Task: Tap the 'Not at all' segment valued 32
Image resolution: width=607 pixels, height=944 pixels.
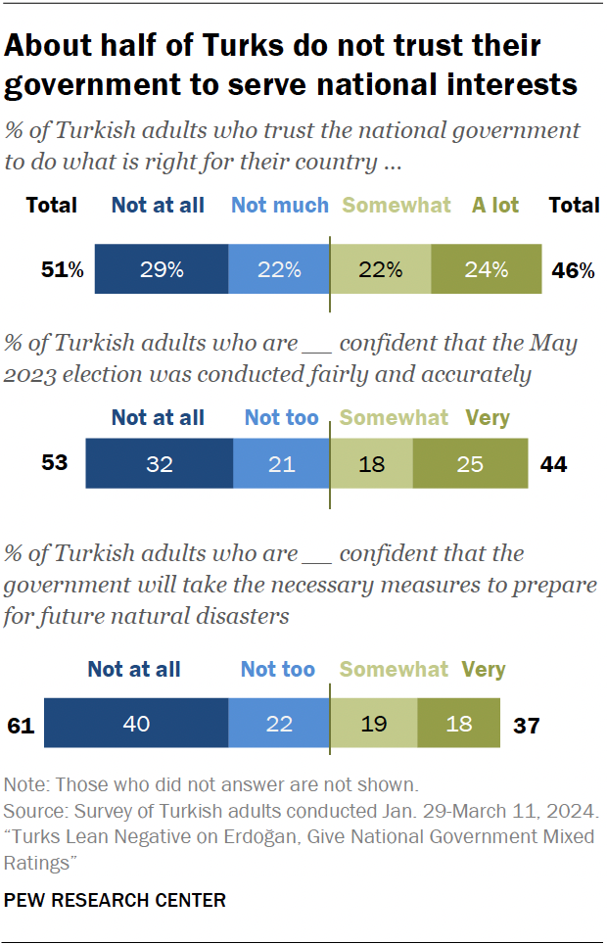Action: tap(160, 463)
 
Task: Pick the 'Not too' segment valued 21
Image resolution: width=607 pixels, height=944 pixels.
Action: tap(281, 463)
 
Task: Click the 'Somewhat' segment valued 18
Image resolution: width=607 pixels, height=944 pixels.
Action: tap(371, 463)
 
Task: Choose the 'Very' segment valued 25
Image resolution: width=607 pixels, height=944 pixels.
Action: tap(470, 463)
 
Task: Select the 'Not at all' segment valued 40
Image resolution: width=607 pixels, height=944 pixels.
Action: tap(136, 725)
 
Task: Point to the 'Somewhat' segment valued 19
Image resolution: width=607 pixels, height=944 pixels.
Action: tap(373, 725)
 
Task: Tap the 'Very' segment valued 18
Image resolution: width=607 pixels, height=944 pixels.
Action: tap(458, 725)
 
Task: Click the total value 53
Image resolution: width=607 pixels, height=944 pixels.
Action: tap(55, 462)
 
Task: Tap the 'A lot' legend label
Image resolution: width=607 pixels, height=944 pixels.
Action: tap(495, 205)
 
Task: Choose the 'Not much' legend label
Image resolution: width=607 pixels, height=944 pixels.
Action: tap(279, 205)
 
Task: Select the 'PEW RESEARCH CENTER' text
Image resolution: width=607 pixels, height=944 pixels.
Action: tap(116, 900)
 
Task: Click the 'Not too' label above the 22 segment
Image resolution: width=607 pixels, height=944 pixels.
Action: tap(278, 670)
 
